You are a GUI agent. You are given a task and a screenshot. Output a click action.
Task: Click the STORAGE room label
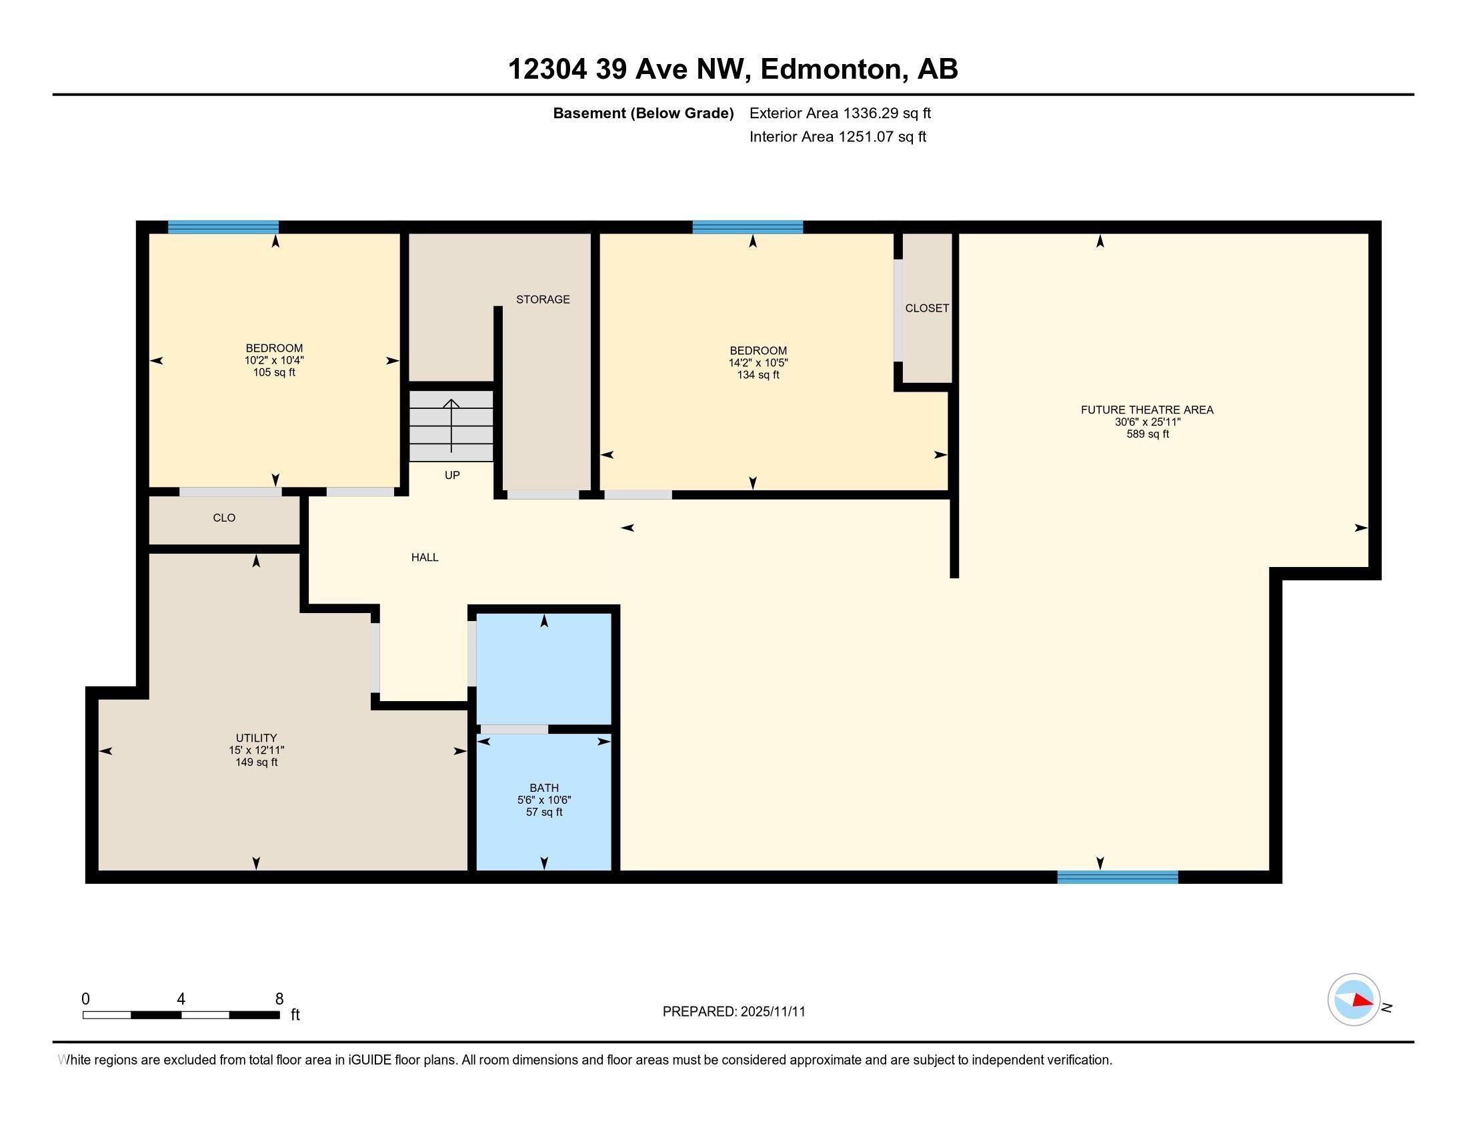coord(543,300)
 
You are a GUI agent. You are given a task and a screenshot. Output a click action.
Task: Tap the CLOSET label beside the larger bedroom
coord(927,308)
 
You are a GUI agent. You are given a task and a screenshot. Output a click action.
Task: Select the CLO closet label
coord(223,518)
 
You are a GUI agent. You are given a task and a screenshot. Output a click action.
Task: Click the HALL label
coord(425,558)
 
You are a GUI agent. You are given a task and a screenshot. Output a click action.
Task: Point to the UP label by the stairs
coord(452,476)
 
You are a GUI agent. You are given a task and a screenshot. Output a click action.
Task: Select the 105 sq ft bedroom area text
coord(274,373)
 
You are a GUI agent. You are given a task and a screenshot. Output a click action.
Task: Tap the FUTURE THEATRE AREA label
coord(1147,410)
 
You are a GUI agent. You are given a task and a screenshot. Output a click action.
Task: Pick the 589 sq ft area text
coord(1148,435)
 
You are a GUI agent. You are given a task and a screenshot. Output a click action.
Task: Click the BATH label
coord(544,788)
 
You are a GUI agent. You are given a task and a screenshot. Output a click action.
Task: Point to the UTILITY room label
coord(256,738)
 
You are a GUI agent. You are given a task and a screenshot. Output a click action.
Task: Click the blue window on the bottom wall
coord(1117,877)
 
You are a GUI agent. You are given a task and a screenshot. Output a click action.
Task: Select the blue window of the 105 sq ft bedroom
coord(223,227)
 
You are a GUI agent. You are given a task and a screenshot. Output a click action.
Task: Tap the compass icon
coord(1354,1000)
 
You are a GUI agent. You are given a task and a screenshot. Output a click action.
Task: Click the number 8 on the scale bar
coord(279,999)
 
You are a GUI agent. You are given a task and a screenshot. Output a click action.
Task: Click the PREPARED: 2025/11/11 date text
coord(733,1012)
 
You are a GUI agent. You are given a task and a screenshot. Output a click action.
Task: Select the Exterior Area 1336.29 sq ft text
coord(840,113)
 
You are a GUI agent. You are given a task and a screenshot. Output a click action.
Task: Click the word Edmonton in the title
coord(831,69)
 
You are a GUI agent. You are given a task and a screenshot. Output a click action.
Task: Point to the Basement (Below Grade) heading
coord(643,113)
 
